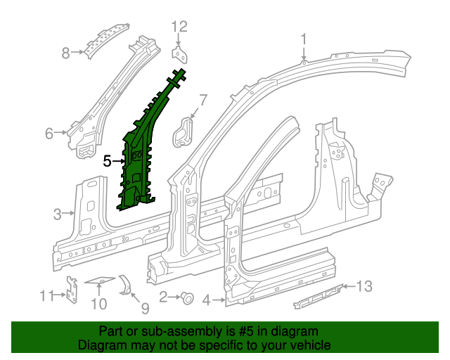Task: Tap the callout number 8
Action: [66, 52]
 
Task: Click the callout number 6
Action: [49, 133]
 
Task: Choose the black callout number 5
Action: [107, 161]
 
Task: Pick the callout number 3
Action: [58, 213]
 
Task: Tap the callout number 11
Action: [46, 295]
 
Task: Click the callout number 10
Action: [98, 304]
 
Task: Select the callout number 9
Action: [144, 307]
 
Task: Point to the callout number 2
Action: [163, 298]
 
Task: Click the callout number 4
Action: [207, 301]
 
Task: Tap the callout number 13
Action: [364, 285]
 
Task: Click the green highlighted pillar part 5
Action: [141, 155]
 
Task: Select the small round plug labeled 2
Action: [188, 298]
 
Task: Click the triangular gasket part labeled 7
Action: [185, 131]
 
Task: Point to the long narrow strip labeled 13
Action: [318, 295]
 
